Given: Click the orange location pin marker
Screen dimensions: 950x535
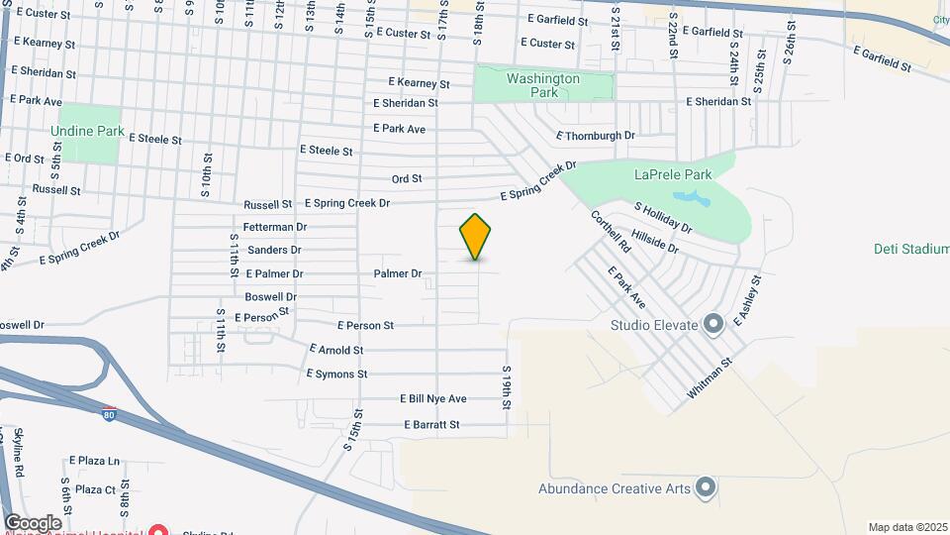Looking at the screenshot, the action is click(x=475, y=236).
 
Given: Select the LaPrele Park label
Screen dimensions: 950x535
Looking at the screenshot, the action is click(x=672, y=174).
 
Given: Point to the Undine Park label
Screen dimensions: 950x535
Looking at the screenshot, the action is click(x=88, y=131).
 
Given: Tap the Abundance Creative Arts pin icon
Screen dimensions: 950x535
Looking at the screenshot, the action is click(x=705, y=487).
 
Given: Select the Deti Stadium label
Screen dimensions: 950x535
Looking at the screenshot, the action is click(x=911, y=250).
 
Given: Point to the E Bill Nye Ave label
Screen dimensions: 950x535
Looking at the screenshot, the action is click(x=433, y=399).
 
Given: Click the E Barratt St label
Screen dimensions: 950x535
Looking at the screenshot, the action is click(x=432, y=425).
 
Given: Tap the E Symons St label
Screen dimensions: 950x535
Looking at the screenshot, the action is click(x=336, y=374).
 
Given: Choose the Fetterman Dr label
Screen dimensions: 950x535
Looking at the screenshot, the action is click(x=274, y=228).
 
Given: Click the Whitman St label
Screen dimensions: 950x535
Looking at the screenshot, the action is click(x=711, y=379).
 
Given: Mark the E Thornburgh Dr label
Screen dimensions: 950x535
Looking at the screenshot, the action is click(x=596, y=135).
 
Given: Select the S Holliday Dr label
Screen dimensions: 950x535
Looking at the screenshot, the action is click(x=663, y=218).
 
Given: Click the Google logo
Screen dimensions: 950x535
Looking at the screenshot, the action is click(x=33, y=522).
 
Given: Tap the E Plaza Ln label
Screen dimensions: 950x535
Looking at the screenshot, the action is click(x=94, y=462).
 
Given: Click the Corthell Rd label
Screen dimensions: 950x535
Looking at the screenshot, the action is click(x=612, y=230).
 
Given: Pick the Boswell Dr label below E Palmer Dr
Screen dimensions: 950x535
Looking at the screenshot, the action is click(x=271, y=297).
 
